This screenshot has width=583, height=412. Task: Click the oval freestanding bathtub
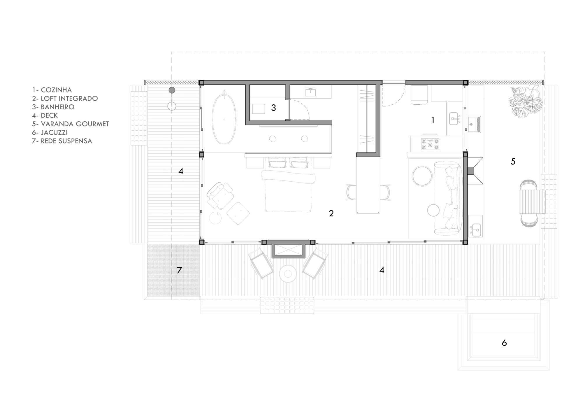[224, 118]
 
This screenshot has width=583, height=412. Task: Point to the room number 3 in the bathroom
[273, 108]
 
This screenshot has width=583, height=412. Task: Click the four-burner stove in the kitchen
[430, 144]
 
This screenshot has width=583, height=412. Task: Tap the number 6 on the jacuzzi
[504, 343]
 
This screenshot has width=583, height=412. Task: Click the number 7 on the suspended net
[179, 270]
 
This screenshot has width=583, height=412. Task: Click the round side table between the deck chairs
[288, 274]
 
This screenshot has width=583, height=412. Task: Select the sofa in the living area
[447, 198]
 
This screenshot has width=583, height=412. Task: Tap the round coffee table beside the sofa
[422, 176]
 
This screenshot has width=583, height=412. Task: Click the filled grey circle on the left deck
[172, 90]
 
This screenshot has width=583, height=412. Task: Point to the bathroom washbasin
[310, 92]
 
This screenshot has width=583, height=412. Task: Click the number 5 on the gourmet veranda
[513, 162]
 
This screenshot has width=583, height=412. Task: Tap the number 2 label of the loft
[331, 213]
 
